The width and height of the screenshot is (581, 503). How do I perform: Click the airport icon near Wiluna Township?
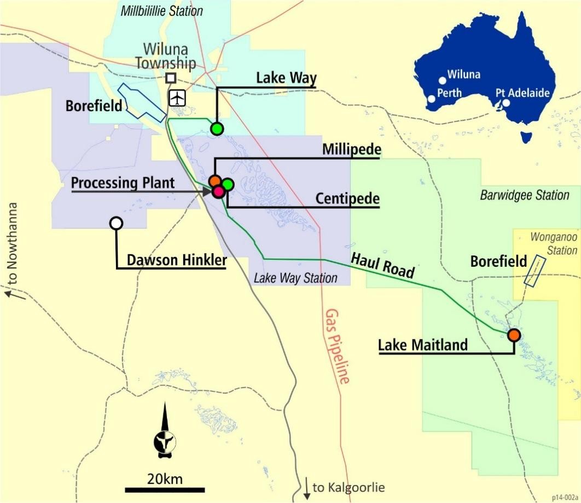click(177, 98)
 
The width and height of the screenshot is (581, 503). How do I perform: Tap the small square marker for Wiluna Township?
click(171, 78)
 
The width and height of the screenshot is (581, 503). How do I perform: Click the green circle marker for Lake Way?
click(217, 129)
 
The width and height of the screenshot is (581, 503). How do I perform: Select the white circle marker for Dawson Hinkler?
click(116, 223)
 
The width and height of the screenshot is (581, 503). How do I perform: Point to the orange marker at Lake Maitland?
click(513, 335)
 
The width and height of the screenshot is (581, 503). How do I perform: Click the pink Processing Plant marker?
click(218, 191)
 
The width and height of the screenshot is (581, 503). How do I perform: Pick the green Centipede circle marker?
click(228, 185)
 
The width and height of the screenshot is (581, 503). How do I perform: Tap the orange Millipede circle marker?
click(215, 180)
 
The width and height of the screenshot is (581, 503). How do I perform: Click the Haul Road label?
click(390, 265)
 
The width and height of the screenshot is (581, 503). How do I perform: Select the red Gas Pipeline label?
click(336, 346)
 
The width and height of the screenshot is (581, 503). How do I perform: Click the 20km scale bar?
click(165, 488)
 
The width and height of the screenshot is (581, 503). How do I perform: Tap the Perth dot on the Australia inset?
click(432, 99)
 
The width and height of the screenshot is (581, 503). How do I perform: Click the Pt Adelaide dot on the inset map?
click(506, 102)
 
